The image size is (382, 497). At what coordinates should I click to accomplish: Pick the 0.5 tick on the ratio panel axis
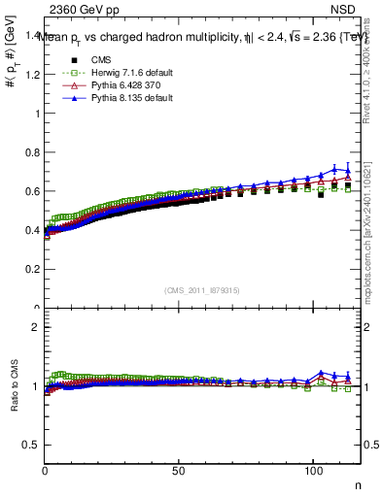(x=32, y=445)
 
